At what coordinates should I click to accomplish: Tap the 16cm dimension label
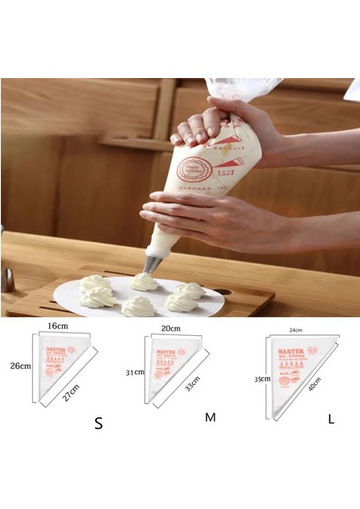click(59, 326)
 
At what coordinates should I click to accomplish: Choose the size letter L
click(330, 418)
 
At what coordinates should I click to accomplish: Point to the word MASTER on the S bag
click(58, 350)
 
